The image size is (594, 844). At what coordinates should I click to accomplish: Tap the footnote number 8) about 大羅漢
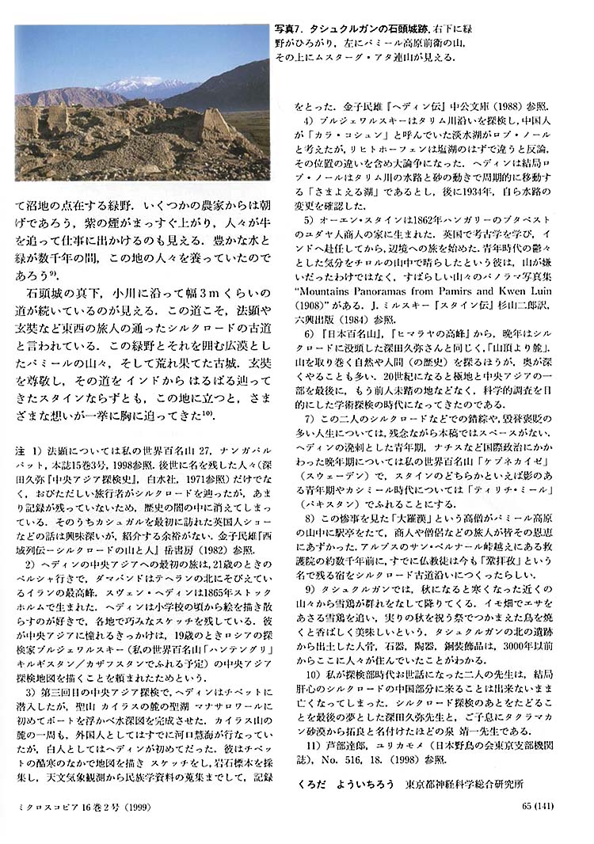click(310, 517)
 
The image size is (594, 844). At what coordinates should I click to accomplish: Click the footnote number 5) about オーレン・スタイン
click(310, 219)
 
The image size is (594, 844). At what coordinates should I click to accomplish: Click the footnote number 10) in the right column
click(311, 674)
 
